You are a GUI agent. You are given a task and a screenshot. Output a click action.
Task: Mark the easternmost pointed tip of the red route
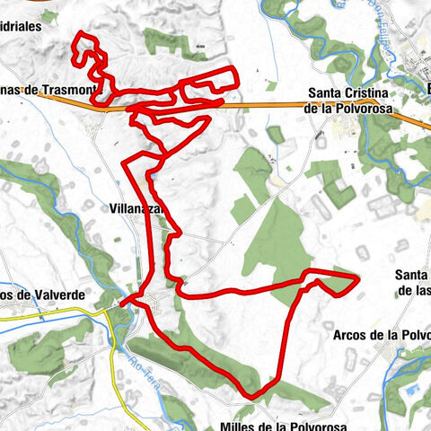(x=358, y=280)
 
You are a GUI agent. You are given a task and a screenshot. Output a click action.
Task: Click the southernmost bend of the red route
(x=253, y=395)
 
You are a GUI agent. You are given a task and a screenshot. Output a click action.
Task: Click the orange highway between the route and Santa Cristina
(x=269, y=106)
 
